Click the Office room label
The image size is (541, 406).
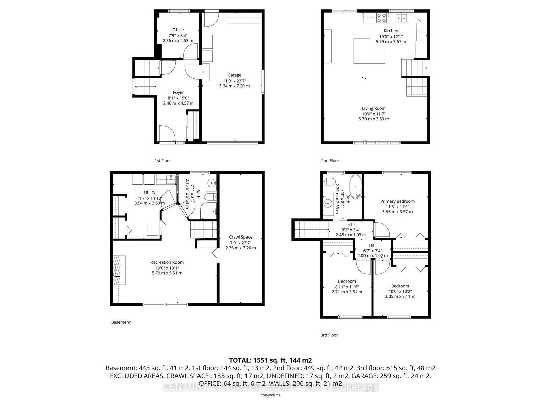point(178,30)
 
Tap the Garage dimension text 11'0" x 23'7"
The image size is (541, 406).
point(234,81)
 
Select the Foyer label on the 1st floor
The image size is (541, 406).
point(178,92)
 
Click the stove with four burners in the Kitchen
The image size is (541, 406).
point(382,18)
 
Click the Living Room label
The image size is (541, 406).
point(374,108)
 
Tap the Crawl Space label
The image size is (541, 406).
point(240,237)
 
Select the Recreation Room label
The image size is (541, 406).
point(167,262)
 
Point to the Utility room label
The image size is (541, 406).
point(149,192)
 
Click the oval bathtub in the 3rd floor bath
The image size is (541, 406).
point(356,186)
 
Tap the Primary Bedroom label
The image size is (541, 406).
point(397,201)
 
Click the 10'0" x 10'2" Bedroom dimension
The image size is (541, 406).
point(400,291)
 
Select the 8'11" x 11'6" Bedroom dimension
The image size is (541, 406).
point(347,287)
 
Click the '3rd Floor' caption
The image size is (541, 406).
point(329,335)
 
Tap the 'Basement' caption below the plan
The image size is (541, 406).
point(121,322)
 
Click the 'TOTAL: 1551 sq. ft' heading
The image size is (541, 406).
point(270,360)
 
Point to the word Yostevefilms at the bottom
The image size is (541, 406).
point(270,395)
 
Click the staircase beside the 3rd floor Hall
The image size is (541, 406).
point(310,230)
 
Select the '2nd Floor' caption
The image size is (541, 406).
point(330,161)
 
